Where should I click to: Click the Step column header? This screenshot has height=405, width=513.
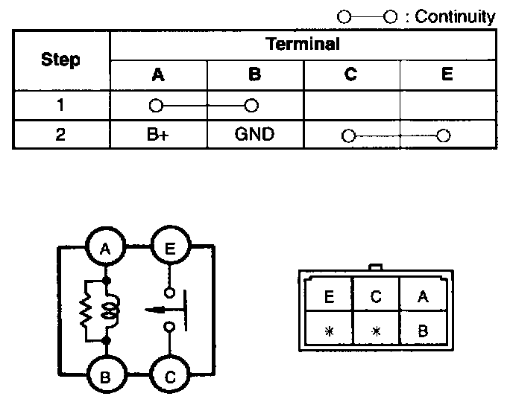(x=61, y=60)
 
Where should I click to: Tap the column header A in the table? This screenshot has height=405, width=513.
(x=157, y=74)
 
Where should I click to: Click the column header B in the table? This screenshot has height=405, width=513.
(x=254, y=74)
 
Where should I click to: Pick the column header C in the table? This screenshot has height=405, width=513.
(x=351, y=74)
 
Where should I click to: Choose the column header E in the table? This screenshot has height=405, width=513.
(x=447, y=74)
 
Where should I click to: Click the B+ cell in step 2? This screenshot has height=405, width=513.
(x=157, y=135)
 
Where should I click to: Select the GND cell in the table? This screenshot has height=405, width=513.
(x=254, y=135)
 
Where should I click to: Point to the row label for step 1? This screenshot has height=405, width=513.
(x=61, y=105)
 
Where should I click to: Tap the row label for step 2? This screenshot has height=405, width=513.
(x=61, y=135)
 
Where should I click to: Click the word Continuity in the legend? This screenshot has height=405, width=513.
(x=455, y=16)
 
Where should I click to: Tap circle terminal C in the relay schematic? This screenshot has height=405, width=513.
(x=171, y=376)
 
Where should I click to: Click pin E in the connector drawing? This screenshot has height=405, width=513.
(x=328, y=297)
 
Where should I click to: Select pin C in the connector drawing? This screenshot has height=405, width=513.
(x=375, y=297)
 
